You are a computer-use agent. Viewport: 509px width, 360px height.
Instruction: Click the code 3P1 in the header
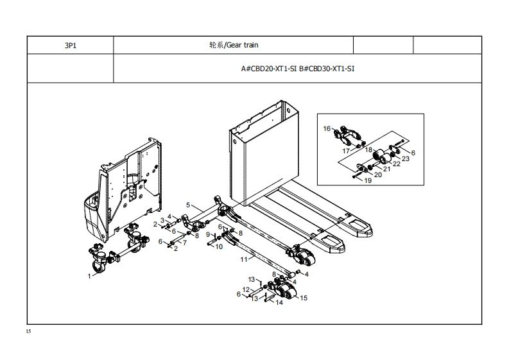coord(69,46)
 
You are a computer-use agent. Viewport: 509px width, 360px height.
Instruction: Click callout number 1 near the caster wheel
coord(89,275)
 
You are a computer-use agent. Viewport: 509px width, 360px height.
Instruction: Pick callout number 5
coord(188,205)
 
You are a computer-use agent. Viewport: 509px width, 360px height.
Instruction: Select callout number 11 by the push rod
coord(243,260)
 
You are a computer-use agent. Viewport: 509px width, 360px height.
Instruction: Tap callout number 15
coord(304,298)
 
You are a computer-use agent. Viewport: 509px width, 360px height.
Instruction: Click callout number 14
coord(279,303)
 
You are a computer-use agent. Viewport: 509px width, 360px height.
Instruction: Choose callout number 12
coord(246,291)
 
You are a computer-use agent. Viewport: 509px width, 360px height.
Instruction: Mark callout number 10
coord(219,246)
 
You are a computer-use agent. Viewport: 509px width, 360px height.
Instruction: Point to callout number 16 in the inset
coord(327,129)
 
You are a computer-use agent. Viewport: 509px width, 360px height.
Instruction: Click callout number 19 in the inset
coord(368,181)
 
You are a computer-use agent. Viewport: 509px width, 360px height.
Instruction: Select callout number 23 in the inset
coord(406,159)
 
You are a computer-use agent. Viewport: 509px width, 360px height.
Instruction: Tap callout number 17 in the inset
coord(346,151)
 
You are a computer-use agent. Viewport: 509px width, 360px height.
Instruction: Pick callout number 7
coord(184,243)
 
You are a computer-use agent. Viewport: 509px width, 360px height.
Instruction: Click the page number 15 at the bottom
coord(28,332)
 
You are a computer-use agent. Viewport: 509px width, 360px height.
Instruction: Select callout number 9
coord(208,235)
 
